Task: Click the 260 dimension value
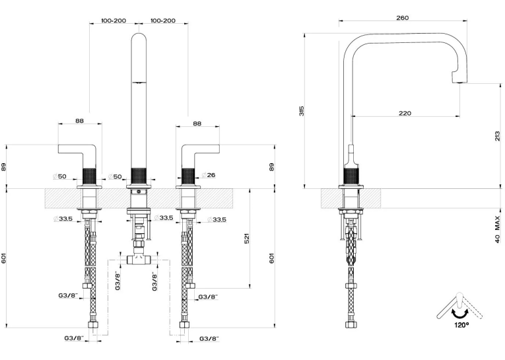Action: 402,18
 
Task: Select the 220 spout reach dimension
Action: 405,113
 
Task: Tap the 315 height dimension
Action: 302,110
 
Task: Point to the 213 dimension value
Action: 498,136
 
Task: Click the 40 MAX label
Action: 498,229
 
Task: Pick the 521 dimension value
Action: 247,238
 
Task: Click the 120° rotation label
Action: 461,325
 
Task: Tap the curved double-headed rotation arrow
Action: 459,312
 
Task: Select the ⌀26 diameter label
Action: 209,175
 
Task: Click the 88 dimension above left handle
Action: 80,120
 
